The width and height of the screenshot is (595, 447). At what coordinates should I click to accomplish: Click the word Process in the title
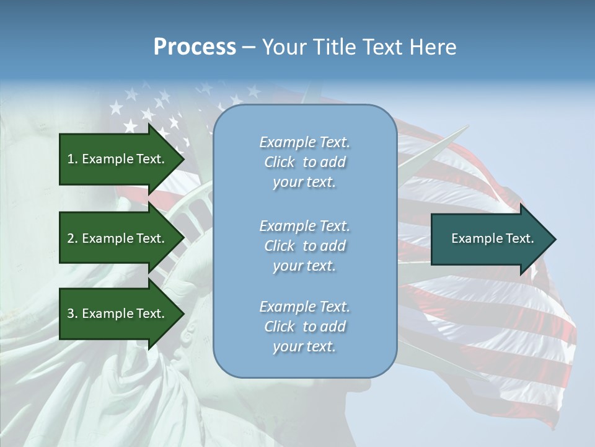click(195, 47)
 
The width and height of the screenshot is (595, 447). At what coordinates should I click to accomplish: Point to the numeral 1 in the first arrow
click(71, 159)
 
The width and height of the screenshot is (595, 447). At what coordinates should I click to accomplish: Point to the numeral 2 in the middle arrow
click(71, 238)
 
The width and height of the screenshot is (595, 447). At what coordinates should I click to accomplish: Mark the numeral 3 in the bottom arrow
click(71, 314)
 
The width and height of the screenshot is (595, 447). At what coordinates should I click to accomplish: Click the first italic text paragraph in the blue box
click(304, 162)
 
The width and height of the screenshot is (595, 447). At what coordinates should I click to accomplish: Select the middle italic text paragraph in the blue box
click(304, 246)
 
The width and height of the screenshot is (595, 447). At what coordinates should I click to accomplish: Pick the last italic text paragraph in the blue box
click(304, 327)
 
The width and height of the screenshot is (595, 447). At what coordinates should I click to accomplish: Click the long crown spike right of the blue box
click(434, 155)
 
